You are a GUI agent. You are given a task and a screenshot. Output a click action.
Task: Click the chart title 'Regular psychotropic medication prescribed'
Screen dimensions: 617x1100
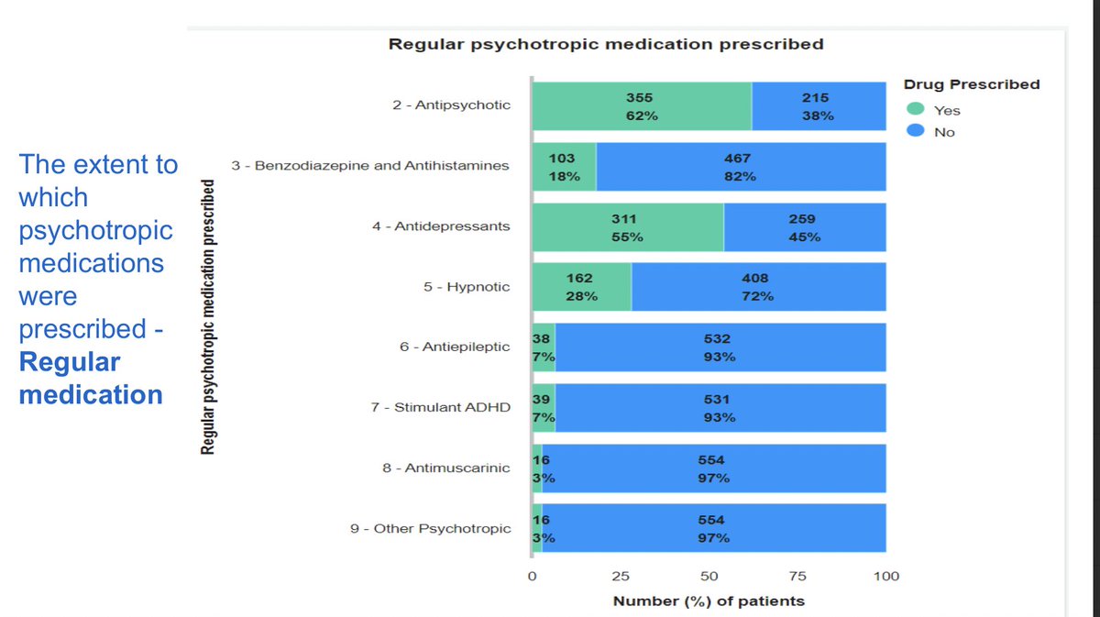tap(606, 44)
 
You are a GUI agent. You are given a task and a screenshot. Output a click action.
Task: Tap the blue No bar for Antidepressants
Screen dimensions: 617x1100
tap(804, 227)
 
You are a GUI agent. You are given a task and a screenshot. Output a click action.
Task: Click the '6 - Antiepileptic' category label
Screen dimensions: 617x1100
tap(455, 347)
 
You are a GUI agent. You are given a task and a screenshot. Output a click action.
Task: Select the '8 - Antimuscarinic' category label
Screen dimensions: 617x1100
tap(445, 468)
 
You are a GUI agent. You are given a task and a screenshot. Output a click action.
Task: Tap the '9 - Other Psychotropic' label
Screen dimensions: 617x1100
tap(430, 528)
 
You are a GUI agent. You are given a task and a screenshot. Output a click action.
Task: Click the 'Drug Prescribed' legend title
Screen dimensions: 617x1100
tap(972, 84)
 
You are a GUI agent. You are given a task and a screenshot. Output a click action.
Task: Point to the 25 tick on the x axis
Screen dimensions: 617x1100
tap(621, 577)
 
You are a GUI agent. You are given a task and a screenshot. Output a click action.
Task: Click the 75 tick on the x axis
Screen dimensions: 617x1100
tap(797, 577)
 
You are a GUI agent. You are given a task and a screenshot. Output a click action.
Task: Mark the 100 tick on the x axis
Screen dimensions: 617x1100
tap(886, 577)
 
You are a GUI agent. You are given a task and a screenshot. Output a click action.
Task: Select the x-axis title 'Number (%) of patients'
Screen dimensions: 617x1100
tap(709, 601)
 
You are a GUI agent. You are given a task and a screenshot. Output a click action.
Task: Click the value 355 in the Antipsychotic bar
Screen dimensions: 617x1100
tap(640, 98)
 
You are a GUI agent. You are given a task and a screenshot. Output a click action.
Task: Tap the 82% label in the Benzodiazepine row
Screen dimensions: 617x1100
tap(739, 176)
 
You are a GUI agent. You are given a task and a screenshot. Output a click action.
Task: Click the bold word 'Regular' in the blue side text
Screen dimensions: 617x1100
tap(70, 362)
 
